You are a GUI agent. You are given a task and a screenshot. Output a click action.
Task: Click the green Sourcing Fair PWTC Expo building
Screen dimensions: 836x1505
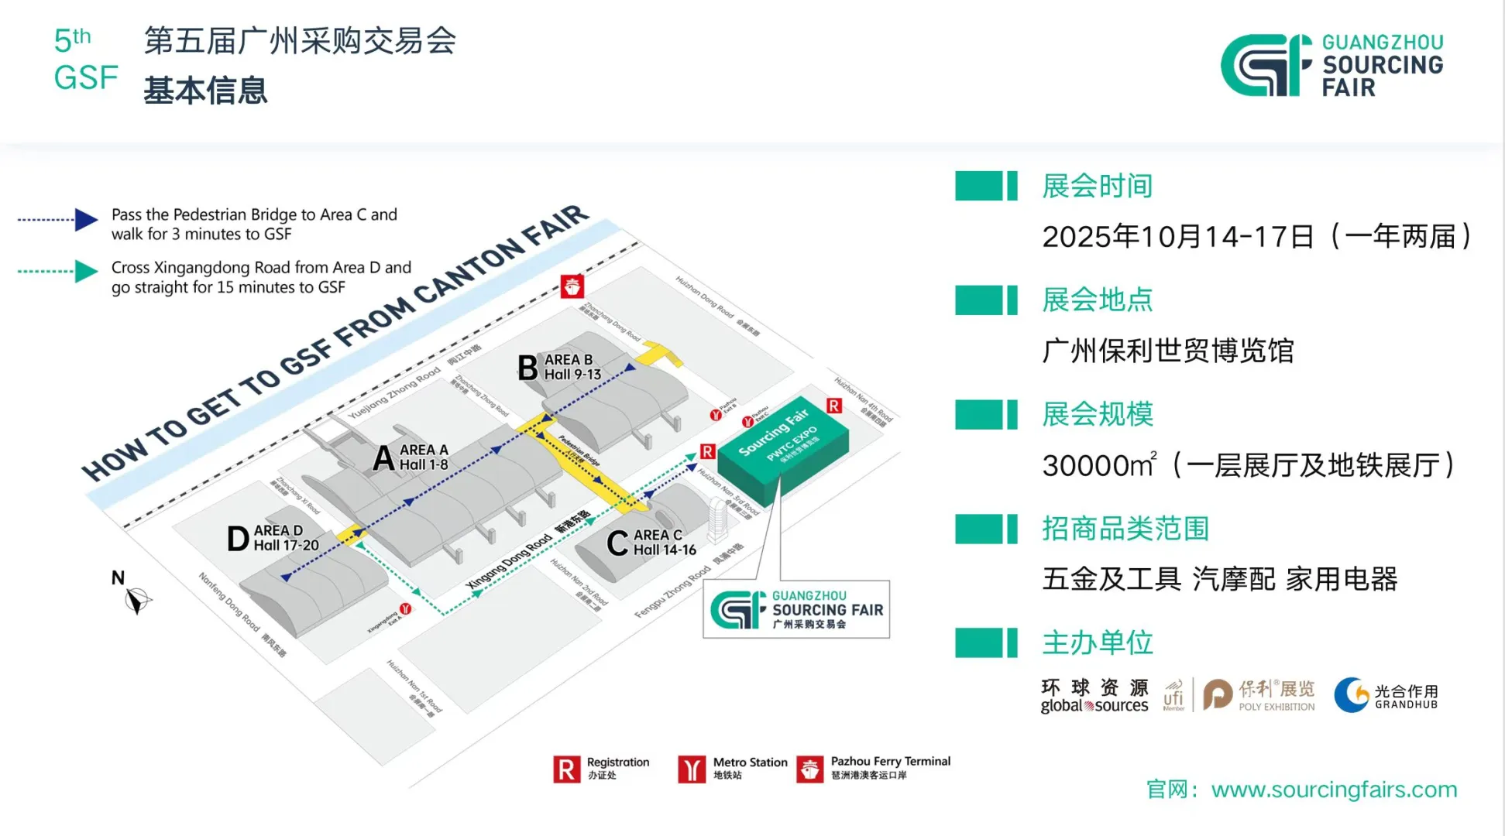click(x=782, y=445)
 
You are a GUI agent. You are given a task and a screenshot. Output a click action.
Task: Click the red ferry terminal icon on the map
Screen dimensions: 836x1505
click(x=572, y=286)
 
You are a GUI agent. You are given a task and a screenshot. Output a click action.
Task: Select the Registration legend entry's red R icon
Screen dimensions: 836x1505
click(x=566, y=769)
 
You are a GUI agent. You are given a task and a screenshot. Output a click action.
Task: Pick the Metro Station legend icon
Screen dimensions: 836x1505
click(x=692, y=769)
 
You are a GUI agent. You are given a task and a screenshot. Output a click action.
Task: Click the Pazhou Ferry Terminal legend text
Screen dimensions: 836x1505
click(x=890, y=762)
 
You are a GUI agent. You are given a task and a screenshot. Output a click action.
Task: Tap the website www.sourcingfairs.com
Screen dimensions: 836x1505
click(x=1334, y=790)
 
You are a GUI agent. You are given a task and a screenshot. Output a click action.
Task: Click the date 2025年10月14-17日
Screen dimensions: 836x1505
click(x=1177, y=237)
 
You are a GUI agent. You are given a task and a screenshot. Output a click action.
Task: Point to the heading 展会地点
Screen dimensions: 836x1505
click(x=1097, y=300)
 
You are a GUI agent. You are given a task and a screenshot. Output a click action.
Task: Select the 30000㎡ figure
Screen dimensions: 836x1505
click(x=1098, y=465)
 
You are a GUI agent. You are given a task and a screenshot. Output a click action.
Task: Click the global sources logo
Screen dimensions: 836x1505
click(x=1094, y=696)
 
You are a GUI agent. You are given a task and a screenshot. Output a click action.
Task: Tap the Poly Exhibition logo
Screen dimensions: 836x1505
click(x=1259, y=694)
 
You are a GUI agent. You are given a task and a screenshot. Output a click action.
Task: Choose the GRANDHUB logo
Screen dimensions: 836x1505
click(x=1386, y=694)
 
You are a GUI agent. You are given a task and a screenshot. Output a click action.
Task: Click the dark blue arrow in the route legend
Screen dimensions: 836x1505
click(x=86, y=220)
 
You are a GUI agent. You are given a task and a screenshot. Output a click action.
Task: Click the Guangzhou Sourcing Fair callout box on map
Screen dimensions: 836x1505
click(x=795, y=609)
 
